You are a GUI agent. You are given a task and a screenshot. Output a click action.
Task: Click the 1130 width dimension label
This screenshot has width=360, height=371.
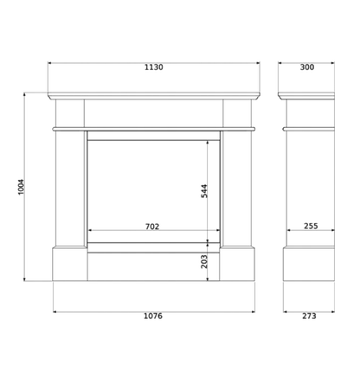click(x=154, y=67)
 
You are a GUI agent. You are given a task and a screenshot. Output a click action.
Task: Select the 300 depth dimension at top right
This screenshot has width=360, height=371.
click(x=307, y=67)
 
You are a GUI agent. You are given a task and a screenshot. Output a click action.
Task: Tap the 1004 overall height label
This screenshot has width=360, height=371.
click(x=22, y=187)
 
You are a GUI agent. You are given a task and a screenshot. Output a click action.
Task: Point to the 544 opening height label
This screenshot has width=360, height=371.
click(x=204, y=191)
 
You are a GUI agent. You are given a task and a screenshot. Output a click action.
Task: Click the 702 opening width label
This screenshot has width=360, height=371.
click(x=152, y=227)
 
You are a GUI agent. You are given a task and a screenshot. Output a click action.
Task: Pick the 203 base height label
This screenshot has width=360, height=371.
click(x=204, y=261)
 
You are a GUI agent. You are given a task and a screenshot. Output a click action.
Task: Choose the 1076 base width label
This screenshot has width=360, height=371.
click(x=153, y=316)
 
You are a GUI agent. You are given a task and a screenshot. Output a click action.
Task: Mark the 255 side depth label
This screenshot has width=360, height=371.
click(x=311, y=226)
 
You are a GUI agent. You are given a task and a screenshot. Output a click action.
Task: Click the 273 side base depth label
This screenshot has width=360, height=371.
click(x=309, y=316)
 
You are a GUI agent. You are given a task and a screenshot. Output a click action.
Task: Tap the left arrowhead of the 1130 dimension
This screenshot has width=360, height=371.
click(x=49, y=62)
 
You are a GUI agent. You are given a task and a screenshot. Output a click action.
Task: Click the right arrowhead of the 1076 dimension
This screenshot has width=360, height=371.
click(x=253, y=311)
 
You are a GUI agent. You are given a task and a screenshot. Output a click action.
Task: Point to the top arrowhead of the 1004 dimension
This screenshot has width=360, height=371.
click(x=25, y=94)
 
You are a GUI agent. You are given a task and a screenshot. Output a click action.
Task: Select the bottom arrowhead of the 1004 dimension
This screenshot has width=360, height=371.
click(x=25, y=278)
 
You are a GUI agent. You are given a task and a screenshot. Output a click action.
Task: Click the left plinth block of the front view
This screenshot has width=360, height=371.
click(x=70, y=264)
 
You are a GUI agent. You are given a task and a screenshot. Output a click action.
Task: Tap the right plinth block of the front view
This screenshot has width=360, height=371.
click(x=237, y=264)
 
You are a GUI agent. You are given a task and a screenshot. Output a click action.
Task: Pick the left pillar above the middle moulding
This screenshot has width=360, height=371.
click(x=70, y=113)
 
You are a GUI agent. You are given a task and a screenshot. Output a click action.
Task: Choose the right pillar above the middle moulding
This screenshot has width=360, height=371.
click(x=237, y=113)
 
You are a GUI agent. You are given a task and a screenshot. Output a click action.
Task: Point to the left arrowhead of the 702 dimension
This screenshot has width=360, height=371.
click(x=90, y=230)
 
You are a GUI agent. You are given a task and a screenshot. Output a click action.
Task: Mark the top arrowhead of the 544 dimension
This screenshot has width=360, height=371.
click(x=208, y=143)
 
